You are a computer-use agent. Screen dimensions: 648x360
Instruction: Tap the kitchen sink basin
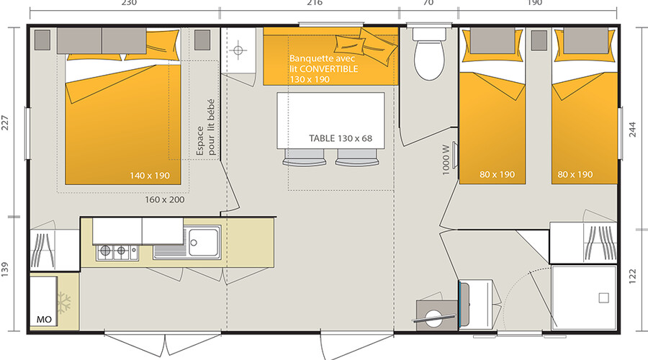203,242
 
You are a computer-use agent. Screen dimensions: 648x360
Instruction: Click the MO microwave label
44,319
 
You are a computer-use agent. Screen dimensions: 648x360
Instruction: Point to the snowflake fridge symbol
64,303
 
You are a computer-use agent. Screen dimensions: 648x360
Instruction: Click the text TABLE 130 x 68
341,138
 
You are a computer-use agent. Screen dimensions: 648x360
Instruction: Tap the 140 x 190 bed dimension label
150,176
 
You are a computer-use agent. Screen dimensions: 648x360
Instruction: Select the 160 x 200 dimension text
164,199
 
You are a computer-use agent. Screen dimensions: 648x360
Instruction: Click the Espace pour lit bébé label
206,127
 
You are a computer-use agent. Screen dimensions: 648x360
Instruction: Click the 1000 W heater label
446,160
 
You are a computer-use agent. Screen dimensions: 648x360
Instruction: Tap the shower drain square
604,297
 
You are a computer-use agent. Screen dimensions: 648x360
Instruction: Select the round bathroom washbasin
434,318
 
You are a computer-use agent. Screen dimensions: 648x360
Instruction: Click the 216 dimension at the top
315,3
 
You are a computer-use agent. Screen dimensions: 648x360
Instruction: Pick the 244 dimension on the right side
633,130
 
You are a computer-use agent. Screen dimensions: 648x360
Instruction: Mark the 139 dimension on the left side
4,269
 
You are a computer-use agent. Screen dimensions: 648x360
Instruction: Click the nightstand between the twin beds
539,40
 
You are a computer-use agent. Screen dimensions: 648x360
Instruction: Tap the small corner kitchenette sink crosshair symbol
238,50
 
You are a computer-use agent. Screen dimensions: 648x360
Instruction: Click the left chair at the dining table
304,157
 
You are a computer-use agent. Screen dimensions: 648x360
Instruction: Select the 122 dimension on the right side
633,276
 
